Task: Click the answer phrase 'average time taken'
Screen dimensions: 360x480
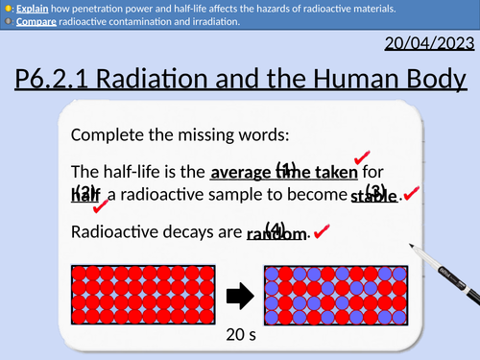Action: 283,174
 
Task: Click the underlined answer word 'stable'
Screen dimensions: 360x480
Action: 372,197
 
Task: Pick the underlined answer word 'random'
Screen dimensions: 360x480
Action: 276,233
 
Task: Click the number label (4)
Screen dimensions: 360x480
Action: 276,227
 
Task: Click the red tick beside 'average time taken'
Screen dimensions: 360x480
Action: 363,157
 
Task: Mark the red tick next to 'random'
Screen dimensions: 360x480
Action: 322,231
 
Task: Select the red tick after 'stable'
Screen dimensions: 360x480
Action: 410,195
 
